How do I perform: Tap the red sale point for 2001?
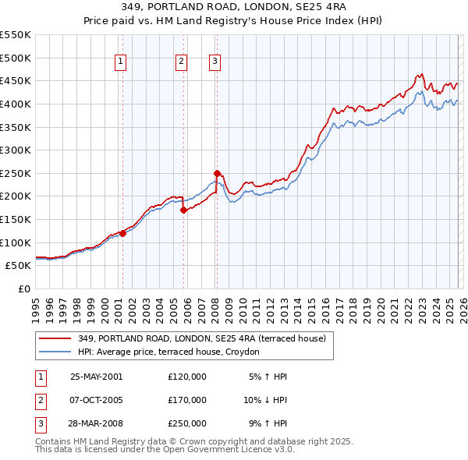click(x=122, y=232)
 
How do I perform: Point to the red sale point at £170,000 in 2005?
click(x=183, y=210)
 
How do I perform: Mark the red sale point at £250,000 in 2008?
click(x=217, y=173)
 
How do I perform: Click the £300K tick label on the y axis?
click(x=15, y=150)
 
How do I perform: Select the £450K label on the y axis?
click(x=15, y=80)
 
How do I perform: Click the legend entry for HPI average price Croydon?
click(x=173, y=352)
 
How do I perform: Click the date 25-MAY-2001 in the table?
click(x=96, y=377)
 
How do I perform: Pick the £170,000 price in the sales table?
click(x=187, y=400)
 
